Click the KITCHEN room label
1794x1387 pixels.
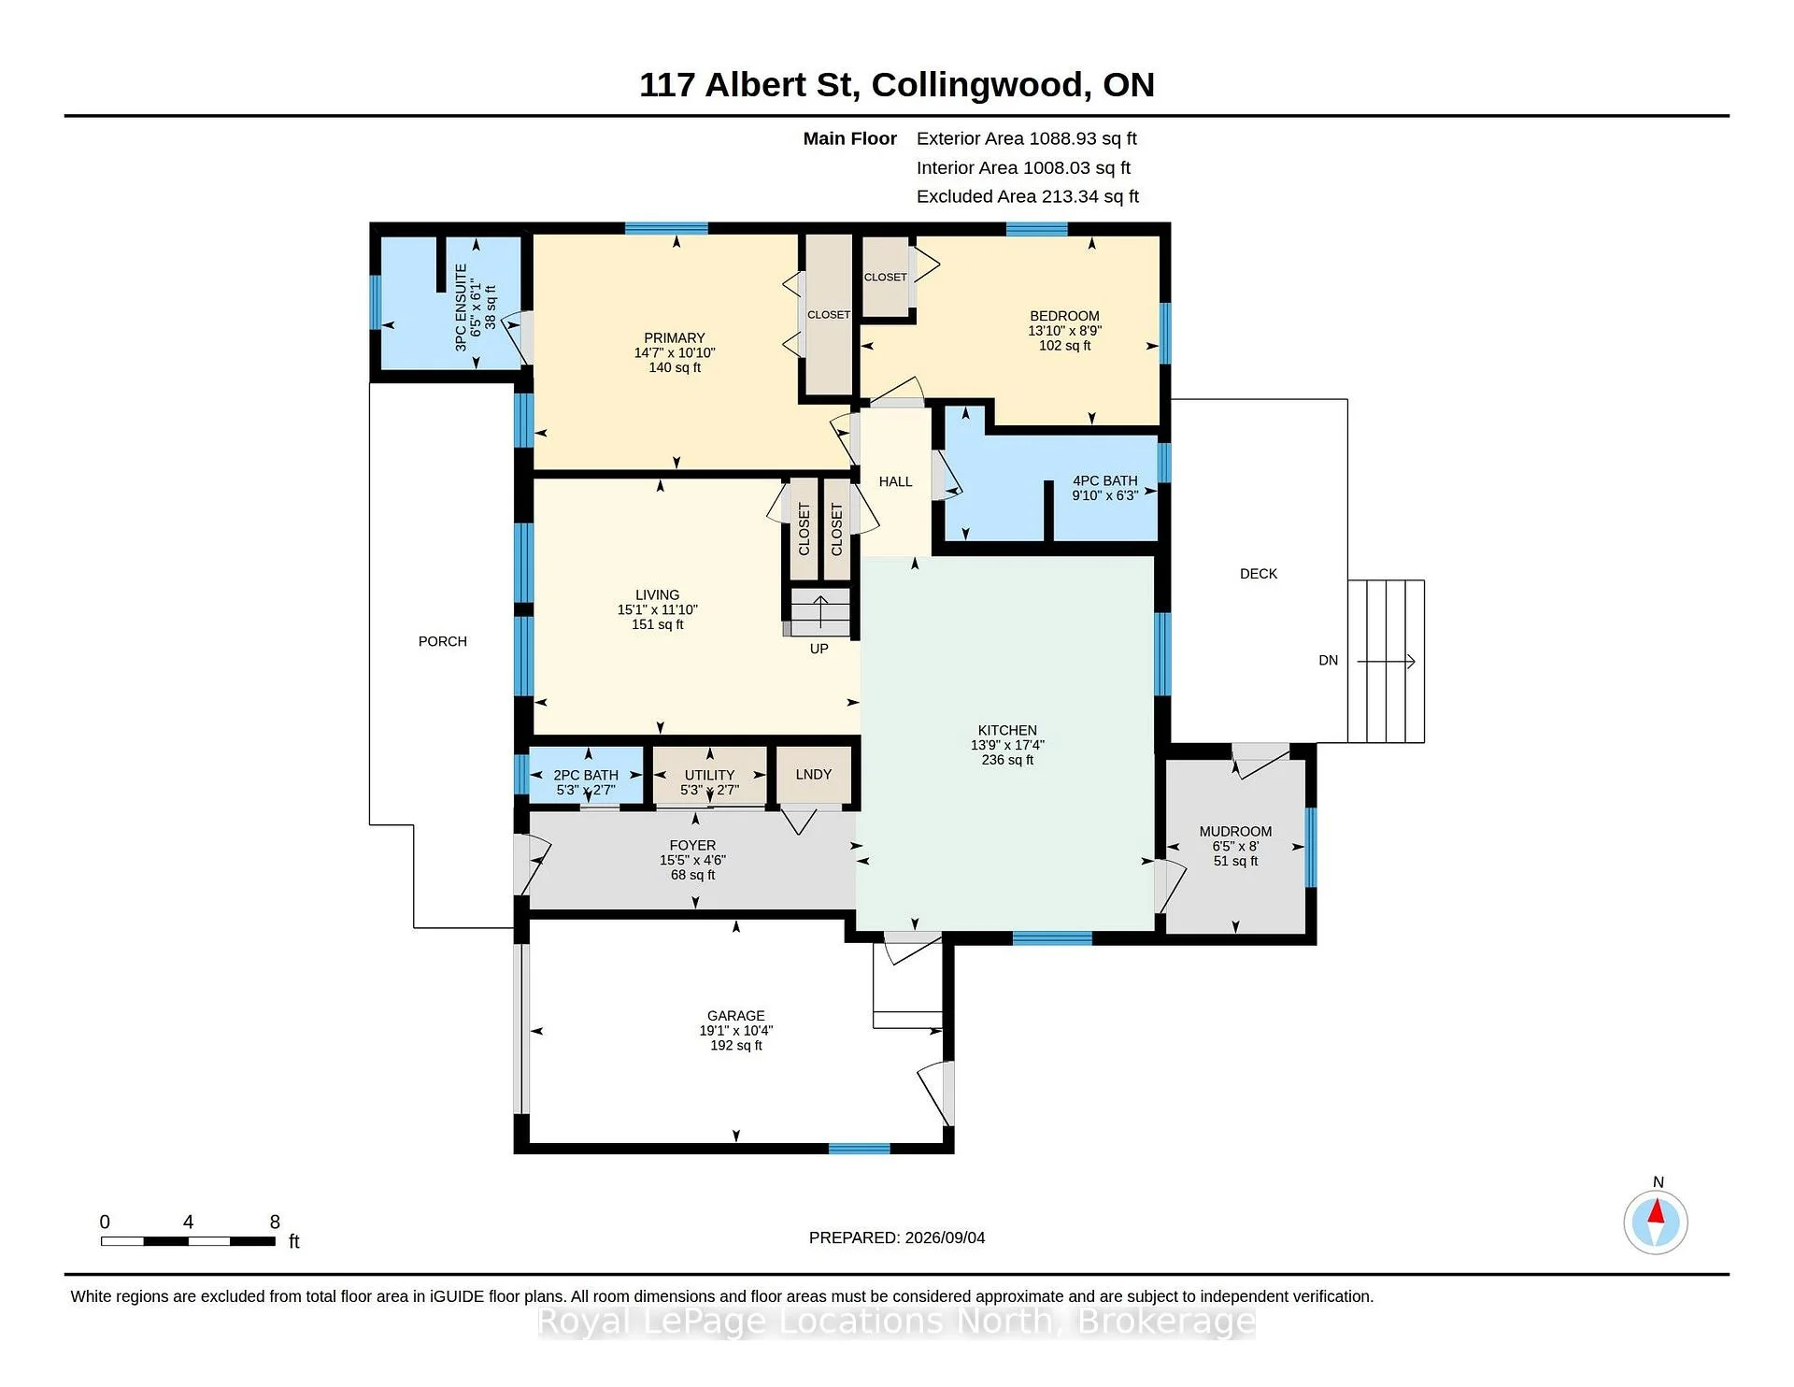1007,730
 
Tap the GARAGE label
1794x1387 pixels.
736,1016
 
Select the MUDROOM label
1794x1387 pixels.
1235,831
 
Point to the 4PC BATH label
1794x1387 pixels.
1105,480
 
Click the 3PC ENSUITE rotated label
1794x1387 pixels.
461,307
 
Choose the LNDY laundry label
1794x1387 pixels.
814,774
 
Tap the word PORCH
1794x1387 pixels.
443,641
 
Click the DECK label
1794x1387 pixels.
1259,574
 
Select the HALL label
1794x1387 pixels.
895,481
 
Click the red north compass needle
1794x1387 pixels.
1656,1212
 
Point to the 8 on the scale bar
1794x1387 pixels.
275,1222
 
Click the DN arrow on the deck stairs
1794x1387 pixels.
1387,662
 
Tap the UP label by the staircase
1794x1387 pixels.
819,649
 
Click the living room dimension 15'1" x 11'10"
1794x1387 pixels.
658,609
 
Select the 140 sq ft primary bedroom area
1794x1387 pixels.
675,367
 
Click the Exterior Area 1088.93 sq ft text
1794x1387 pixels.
1027,138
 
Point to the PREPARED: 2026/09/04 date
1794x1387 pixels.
897,1237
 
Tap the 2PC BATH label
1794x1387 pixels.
586,775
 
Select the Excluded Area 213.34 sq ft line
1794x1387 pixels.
1028,196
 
